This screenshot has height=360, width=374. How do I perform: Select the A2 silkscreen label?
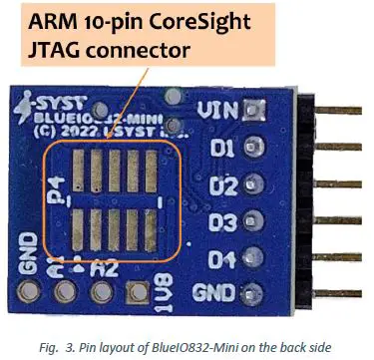[101, 267]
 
